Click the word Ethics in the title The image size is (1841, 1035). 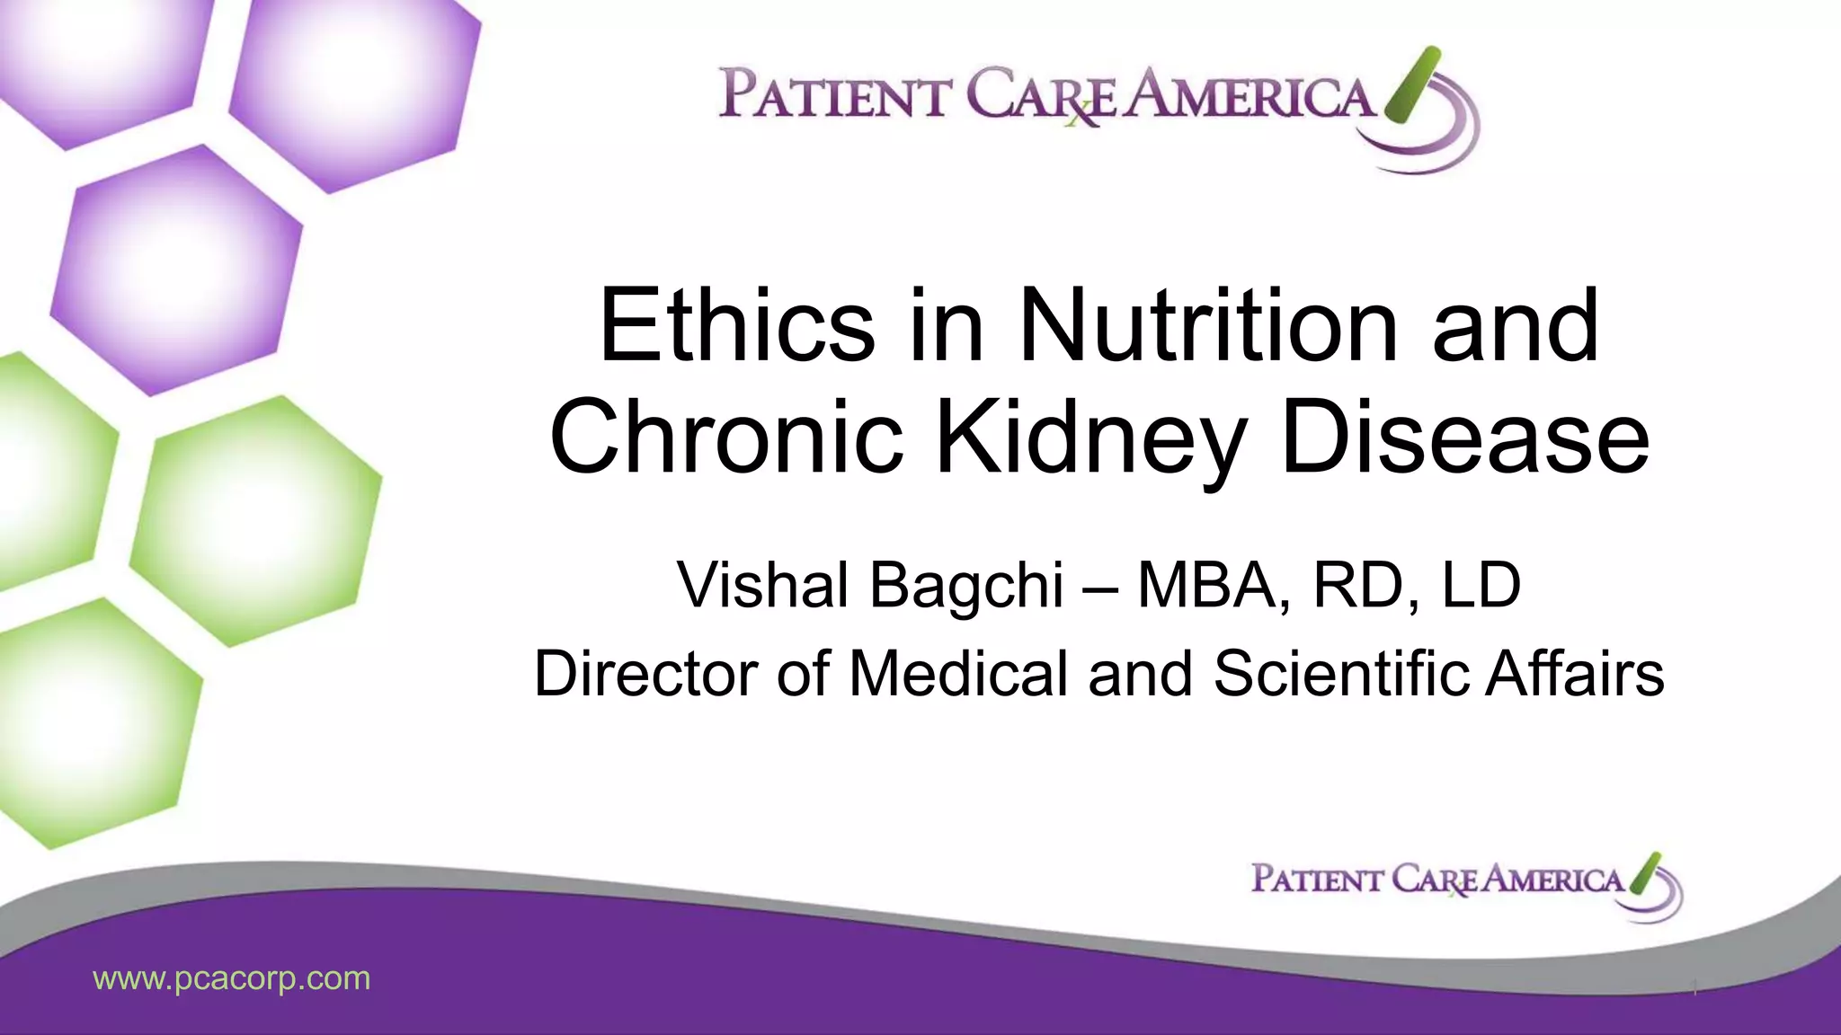736,325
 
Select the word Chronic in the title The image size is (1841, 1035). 726,438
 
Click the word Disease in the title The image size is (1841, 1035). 1465,438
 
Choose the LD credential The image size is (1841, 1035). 1481,585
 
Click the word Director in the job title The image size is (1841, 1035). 646,673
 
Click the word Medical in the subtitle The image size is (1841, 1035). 958,673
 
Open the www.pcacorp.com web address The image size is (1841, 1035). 232,978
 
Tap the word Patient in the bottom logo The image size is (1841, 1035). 1316,879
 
